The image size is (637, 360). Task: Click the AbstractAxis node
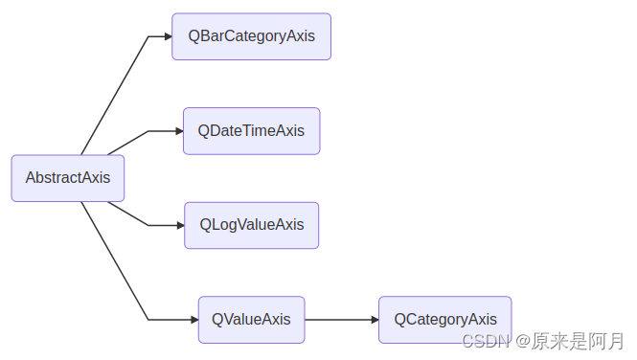coord(67,178)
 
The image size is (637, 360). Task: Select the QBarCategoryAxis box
coord(251,36)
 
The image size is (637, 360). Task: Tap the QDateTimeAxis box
coord(251,131)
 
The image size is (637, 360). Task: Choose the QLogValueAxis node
coord(251,225)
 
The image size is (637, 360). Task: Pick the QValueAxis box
coord(251,320)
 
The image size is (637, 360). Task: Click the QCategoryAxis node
coord(444,320)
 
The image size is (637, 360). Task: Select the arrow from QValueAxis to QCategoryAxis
coord(340,320)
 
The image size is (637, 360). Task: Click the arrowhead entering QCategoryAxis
coord(375,320)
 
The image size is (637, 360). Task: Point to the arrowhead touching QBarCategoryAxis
coord(168,36)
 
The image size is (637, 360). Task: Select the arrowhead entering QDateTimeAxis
coord(179,131)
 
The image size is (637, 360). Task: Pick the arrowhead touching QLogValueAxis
coord(180,225)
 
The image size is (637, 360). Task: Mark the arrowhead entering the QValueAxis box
coord(193,320)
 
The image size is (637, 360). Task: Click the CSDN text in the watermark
coord(483,341)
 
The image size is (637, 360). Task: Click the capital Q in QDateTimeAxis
coord(204,131)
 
